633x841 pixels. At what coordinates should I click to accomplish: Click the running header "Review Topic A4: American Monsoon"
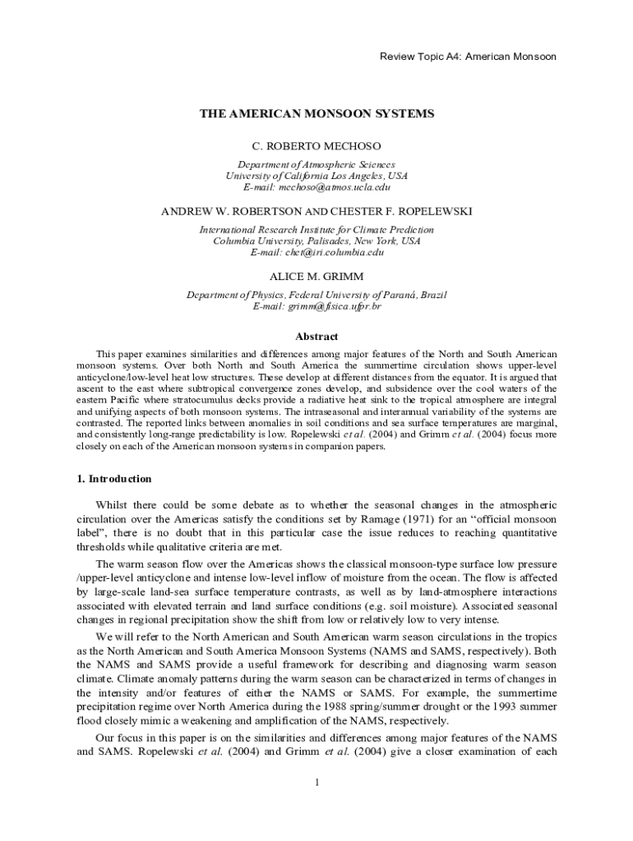[x=468, y=57]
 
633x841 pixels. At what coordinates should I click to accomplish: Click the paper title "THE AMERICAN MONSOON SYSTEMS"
[x=316, y=113]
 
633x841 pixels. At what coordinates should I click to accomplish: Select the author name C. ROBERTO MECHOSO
[x=316, y=146]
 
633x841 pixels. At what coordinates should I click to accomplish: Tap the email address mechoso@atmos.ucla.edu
[x=316, y=187]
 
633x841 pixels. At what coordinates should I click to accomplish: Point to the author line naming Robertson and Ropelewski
[x=316, y=211]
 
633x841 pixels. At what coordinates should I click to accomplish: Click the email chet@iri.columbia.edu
[x=316, y=252]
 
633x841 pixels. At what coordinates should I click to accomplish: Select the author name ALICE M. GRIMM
[x=316, y=276]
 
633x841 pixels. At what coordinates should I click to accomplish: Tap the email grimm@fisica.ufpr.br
[x=316, y=306]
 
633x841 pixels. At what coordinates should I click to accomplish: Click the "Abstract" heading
[x=316, y=336]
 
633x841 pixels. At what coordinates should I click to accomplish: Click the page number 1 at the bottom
[x=316, y=781]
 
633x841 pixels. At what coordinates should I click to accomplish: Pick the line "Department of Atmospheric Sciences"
[x=316, y=164]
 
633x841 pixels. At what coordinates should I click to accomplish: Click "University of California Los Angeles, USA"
[x=316, y=176]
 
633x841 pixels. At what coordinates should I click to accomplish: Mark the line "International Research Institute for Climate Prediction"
[x=316, y=229]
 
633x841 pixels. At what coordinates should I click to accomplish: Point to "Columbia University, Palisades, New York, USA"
[x=316, y=241]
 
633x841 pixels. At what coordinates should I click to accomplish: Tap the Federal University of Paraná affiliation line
[x=316, y=295]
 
